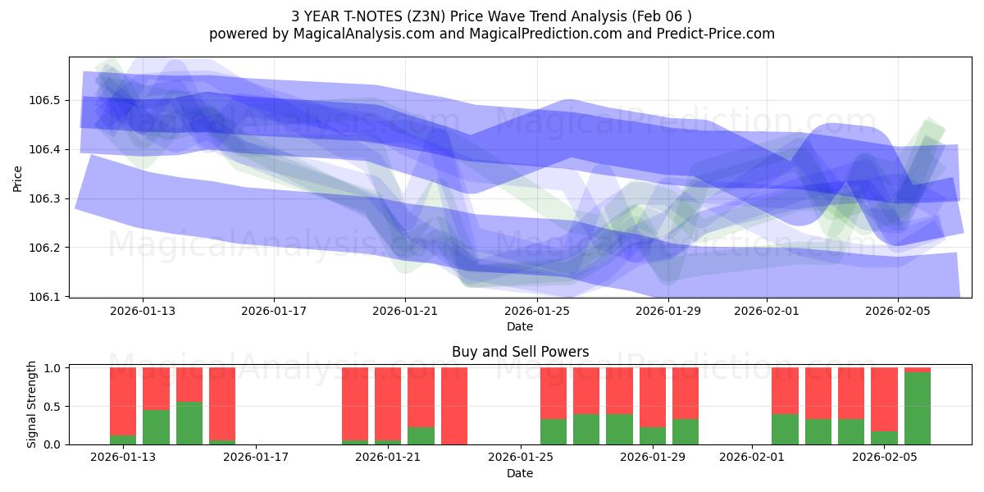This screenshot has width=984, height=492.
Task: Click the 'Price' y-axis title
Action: click(18, 177)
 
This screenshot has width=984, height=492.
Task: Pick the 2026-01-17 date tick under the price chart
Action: click(273, 311)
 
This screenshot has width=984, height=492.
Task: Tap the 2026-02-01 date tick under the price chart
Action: click(767, 311)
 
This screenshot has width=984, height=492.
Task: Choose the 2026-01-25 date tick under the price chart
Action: click(537, 311)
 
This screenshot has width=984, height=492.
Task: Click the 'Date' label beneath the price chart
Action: click(520, 326)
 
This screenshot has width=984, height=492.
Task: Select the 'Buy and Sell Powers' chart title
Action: click(520, 352)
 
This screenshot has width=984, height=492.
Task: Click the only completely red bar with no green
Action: click(454, 406)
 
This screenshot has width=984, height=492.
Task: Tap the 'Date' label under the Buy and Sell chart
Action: click(520, 473)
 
